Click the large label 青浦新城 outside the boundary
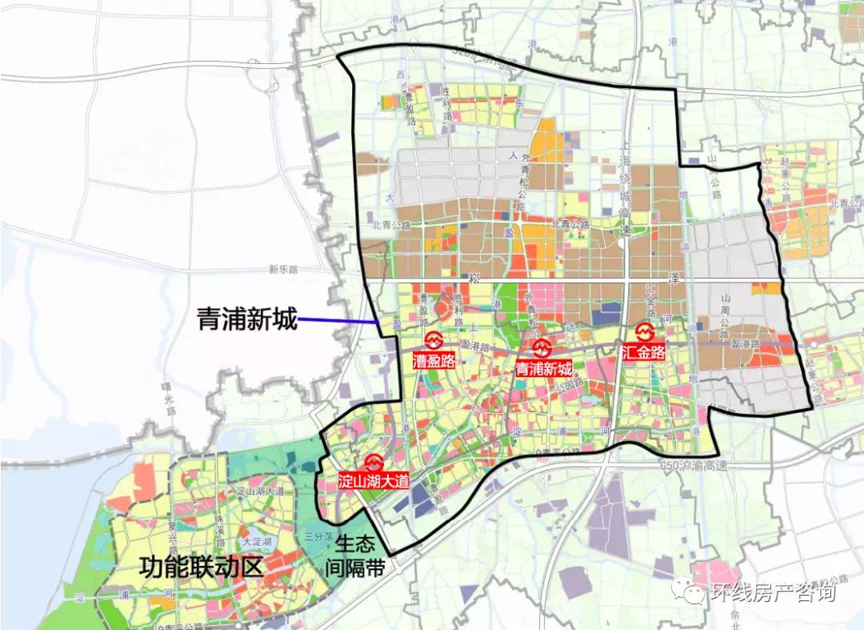click(247, 321)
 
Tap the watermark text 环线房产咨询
click(773, 592)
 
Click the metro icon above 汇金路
click(645, 331)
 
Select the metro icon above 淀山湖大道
click(374, 463)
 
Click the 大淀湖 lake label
click(258, 542)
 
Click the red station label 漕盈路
click(434, 360)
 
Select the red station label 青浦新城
click(544, 369)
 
